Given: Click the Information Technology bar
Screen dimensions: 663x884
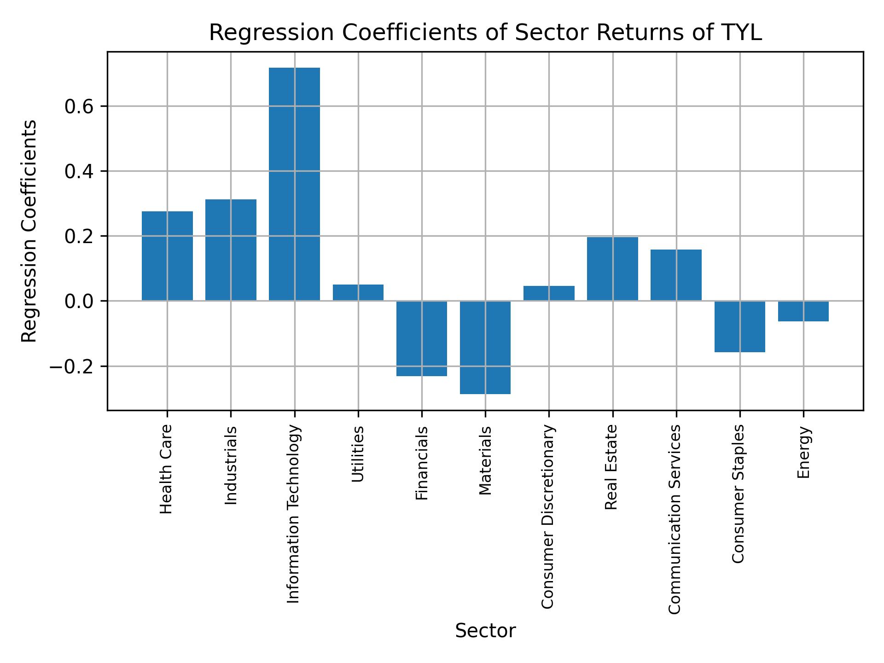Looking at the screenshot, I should point(294,184).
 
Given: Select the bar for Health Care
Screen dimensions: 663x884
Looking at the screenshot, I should point(167,256).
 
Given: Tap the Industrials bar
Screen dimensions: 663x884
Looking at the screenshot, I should point(231,250).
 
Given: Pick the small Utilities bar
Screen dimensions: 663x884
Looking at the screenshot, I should point(358,293).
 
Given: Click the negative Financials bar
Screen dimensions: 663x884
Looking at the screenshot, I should point(422,338).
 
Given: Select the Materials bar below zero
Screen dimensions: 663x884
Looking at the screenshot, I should point(485,348).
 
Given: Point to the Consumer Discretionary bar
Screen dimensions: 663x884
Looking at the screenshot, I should point(549,294).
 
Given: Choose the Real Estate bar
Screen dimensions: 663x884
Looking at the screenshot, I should point(612,269).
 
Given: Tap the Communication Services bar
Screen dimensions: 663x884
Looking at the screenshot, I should point(676,275).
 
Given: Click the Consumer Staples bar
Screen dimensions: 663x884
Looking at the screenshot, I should point(739,326).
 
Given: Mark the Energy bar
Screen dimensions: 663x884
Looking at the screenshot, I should point(803,311).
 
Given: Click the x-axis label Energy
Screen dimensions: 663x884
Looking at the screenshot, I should point(803,452).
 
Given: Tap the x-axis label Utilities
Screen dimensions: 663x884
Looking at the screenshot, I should point(358,454).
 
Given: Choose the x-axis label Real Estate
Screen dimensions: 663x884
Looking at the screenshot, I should point(611,467).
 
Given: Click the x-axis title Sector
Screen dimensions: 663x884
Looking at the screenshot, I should point(485,631).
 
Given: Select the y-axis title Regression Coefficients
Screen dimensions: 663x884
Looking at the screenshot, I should point(29,231).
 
